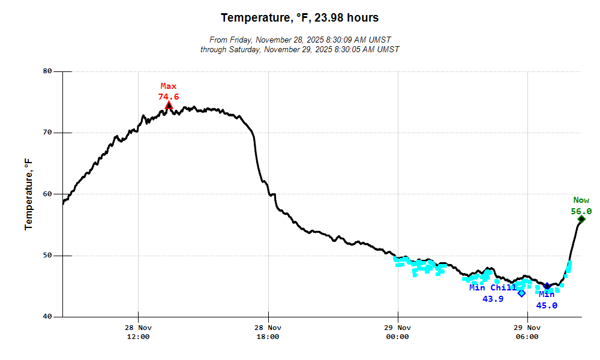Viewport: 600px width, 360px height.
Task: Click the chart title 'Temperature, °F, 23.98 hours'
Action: tap(299, 18)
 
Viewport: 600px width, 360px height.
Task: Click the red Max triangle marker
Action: tap(169, 106)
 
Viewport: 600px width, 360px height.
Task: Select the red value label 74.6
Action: tap(169, 97)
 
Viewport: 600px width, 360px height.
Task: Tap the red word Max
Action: tap(169, 86)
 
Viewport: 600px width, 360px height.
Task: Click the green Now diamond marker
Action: tap(581, 220)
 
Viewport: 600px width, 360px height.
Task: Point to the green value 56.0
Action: tap(581, 211)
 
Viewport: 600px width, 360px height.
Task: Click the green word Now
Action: tap(581, 200)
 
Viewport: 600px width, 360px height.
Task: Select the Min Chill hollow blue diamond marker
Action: tap(521, 293)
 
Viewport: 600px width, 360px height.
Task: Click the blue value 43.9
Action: tap(493, 299)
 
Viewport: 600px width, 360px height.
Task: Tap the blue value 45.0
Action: tap(547, 305)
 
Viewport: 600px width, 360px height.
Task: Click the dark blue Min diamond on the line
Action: tap(547, 287)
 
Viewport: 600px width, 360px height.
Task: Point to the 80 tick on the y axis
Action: tap(47, 71)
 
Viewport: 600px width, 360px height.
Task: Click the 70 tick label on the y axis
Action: tap(47, 133)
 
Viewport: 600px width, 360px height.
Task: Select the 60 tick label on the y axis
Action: tap(47, 194)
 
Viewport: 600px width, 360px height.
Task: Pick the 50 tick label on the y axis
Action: tap(47, 256)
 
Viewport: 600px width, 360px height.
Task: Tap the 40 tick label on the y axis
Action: tap(47, 317)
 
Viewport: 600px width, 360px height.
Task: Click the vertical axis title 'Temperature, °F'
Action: tap(28, 194)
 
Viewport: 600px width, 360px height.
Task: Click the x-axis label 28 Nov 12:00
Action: tap(138, 332)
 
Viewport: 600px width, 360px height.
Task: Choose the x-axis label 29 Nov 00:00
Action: tap(397, 332)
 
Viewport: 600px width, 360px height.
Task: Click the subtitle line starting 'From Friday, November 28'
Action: tap(299, 40)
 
